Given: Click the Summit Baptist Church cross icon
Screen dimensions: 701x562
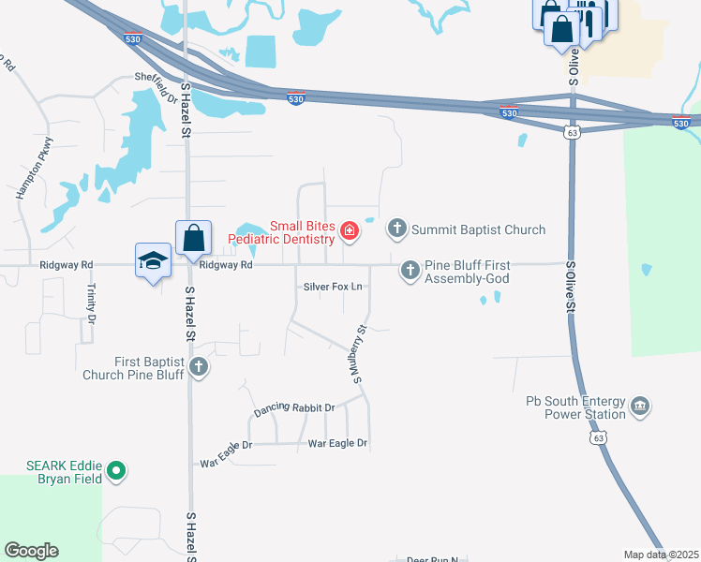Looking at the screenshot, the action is [x=397, y=229].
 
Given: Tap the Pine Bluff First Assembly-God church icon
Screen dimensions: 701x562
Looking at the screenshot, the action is [x=410, y=271].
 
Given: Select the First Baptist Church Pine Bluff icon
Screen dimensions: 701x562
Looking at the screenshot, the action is [x=199, y=367].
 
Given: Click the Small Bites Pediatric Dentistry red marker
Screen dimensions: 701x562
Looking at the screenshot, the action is [x=349, y=230].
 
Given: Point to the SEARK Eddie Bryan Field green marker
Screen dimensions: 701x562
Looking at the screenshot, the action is [x=116, y=470].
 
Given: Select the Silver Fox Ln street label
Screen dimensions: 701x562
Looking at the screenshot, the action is [x=332, y=286].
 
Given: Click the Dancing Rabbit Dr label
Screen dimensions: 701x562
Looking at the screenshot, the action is [x=293, y=409].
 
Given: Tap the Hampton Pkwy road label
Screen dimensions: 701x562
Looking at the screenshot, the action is [x=36, y=168].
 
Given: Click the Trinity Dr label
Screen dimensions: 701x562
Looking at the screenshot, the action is [x=92, y=303].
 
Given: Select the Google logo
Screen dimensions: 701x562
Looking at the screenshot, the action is [x=31, y=551].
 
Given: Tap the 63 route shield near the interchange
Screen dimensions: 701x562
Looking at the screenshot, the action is [x=572, y=133].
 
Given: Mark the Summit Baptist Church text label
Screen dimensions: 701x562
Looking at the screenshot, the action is [x=479, y=229].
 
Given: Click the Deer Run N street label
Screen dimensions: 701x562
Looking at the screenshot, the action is [x=432, y=559].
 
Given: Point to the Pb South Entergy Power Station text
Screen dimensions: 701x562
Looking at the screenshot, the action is [x=576, y=407].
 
